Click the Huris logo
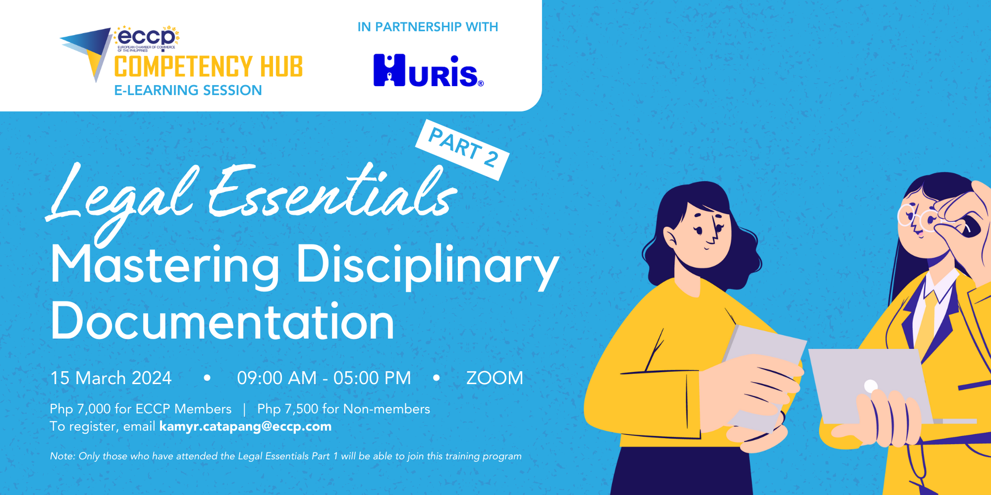click(428, 71)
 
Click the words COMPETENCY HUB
click(208, 67)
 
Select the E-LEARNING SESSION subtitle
click(188, 90)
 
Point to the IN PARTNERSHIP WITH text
click(427, 27)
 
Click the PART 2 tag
click(462, 149)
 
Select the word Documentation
click(222, 322)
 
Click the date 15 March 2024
click(110, 378)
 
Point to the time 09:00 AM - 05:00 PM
click(324, 378)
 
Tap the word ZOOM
click(494, 378)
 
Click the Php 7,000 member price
click(140, 409)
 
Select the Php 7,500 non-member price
click(343, 409)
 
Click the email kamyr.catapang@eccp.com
click(245, 426)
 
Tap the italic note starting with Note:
click(285, 456)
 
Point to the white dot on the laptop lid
click(871, 386)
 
